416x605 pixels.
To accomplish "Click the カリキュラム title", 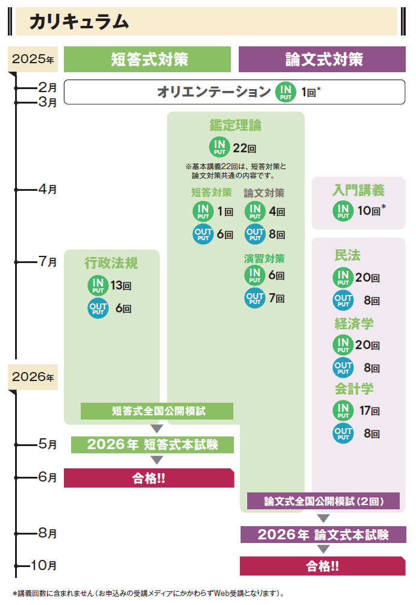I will (79, 22).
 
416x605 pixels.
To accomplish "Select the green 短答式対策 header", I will (148, 60).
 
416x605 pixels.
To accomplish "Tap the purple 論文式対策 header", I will (323, 60).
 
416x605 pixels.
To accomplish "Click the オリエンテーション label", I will (214, 92).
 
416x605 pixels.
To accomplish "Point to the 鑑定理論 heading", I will (236, 125).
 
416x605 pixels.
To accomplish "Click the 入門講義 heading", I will (358, 191).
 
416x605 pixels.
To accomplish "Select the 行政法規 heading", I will (112, 262).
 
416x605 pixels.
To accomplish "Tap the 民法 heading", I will (348, 255).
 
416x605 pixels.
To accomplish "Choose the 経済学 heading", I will (355, 323).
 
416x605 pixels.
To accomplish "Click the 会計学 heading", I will (355, 389).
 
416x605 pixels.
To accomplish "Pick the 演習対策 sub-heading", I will (264, 259).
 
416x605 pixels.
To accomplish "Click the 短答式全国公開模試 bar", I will (157, 412).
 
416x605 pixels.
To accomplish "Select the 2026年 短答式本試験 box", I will (153, 445).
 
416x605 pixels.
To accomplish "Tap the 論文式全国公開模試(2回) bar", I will (324, 500).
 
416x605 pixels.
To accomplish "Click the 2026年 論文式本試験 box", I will (323, 535).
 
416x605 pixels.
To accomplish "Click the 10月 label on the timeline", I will (43, 565).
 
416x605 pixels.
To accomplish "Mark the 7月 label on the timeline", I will (48, 262).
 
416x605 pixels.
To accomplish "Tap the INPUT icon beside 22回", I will (219, 147).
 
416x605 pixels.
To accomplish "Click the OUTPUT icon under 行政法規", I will (98, 308).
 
